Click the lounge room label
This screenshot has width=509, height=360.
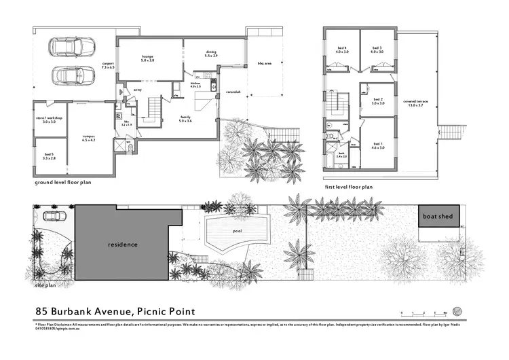[x=147, y=57]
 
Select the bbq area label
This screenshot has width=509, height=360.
[x=263, y=62]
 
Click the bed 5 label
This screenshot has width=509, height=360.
[x=49, y=155]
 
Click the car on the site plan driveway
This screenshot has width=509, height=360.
[x=54, y=217]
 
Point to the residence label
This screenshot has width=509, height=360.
[x=123, y=245]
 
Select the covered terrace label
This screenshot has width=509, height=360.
[x=415, y=102]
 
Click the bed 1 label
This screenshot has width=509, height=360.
[x=377, y=145]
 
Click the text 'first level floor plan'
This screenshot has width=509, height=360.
[x=350, y=186]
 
